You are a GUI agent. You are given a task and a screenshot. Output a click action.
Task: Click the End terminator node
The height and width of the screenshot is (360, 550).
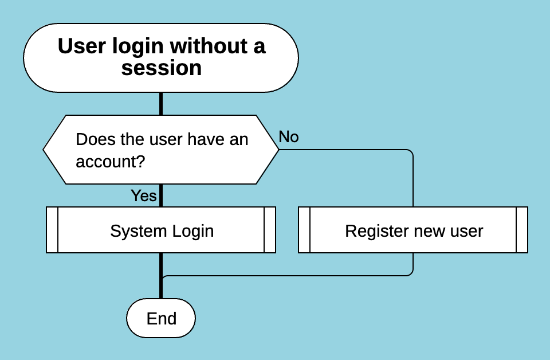[161, 318]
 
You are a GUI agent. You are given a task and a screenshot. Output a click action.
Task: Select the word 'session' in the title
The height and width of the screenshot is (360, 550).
[162, 68]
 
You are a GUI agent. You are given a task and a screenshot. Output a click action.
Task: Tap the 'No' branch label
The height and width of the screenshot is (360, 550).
[289, 137]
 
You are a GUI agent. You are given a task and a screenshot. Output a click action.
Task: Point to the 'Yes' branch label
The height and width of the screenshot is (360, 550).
[143, 195]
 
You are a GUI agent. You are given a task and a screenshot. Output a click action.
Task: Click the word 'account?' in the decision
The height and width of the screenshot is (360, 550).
[110, 162]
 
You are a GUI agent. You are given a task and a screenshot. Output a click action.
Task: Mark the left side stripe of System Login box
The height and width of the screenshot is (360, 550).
[52, 230]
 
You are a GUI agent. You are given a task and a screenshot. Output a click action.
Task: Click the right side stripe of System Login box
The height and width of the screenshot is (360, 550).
[270, 230]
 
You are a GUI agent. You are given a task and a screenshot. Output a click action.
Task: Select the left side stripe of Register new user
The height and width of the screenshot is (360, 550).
[304, 230]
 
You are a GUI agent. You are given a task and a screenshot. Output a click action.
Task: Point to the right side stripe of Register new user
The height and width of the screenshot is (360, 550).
[522, 230]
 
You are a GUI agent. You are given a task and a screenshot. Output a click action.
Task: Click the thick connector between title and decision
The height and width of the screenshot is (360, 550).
[161, 103]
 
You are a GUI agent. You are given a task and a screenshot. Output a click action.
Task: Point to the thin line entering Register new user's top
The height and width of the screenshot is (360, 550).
[412, 183]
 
